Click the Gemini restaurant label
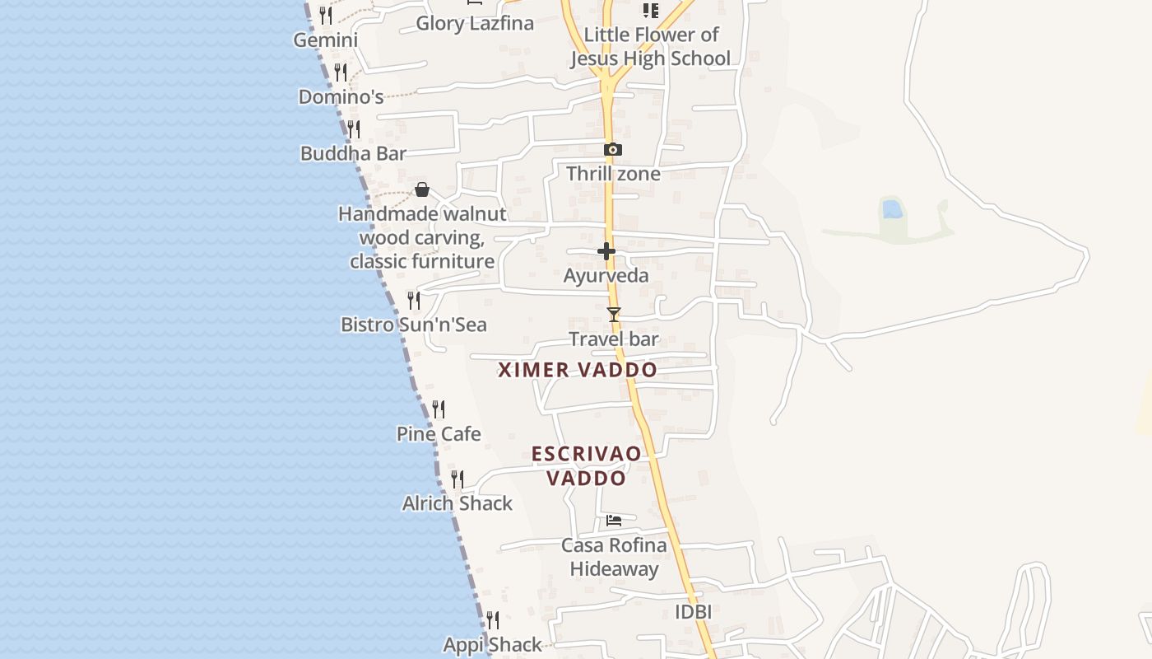[326, 40]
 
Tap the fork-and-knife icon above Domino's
[341, 72]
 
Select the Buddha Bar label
[353, 153]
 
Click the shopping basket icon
[422, 189]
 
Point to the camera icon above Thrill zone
[612, 150]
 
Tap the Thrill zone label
[613, 174]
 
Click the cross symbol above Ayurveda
[606, 251]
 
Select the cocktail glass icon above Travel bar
[613, 314]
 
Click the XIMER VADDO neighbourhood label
[578, 370]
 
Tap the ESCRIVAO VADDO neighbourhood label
[586, 465]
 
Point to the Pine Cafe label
[439, 433]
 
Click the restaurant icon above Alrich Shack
[458, 479]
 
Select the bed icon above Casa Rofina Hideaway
[614, 520]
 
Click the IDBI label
[693, 612]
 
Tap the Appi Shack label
[493, 644]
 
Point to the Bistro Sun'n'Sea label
[414, 325]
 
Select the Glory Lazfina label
[475, 23]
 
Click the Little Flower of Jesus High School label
[651, 46]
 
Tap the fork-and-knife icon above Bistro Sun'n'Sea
[414, 301]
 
